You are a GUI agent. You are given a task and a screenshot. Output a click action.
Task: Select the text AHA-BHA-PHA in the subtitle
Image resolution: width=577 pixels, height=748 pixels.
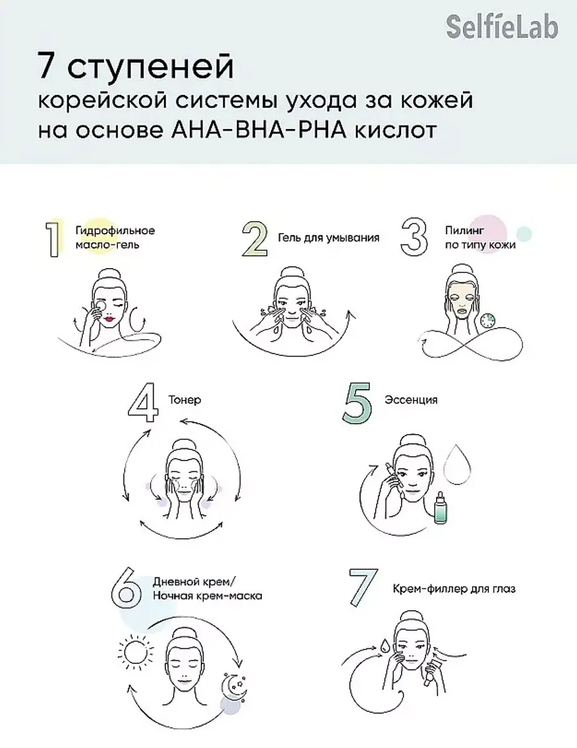tap(259, 130)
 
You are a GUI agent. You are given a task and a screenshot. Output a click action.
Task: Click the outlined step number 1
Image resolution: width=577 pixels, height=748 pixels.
tap(53, 239)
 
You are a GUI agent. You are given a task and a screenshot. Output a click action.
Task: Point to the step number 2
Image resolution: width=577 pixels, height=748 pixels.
tap(255, 239)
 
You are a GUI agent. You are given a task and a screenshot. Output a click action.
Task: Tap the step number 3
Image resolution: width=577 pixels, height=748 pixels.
tap(414, 237)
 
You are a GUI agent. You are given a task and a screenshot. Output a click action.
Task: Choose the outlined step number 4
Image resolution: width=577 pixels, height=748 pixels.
tap(143, 402)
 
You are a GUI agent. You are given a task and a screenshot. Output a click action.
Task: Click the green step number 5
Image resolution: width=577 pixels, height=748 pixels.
tap(357, 402)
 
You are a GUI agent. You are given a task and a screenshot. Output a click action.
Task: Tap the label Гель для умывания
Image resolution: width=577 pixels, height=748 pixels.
tap(329, 238)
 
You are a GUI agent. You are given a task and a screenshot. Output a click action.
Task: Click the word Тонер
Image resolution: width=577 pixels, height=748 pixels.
tap(185, 400)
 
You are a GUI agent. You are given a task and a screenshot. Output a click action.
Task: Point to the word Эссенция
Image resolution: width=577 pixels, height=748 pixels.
tap(411, 400)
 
